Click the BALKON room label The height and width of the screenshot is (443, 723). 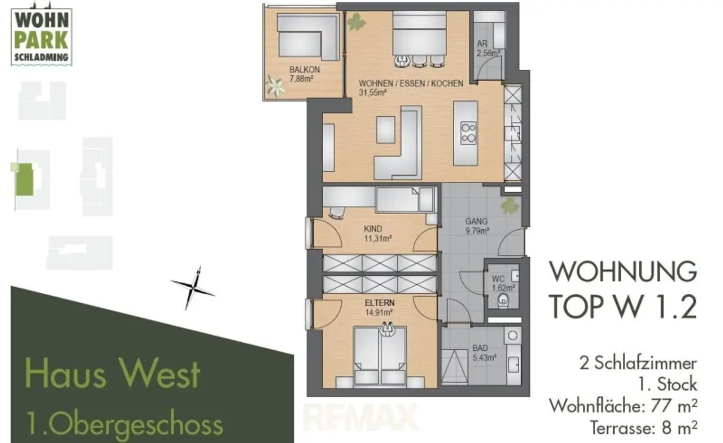(304, 70)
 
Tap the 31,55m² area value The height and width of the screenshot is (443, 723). (372, 93)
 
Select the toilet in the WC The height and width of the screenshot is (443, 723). (504, 298)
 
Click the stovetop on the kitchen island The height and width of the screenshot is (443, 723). (468, 133)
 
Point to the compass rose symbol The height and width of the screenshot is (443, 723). (193, 288)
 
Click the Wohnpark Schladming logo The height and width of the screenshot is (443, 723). (41, 36)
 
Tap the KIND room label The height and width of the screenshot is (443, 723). (373, 229)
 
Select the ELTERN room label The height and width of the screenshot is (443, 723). (379, 303)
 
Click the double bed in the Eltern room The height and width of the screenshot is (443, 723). (379, 355)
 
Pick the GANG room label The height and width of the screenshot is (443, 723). (476, 221)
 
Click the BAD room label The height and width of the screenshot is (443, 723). (480, 348)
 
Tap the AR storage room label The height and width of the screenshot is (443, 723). (482, 44)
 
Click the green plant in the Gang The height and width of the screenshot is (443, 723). (509, 206)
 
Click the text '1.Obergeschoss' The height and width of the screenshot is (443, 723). (125, 424)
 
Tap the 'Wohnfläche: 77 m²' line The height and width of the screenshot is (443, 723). (623, 405)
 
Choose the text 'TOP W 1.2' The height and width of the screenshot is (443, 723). (622, 306)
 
